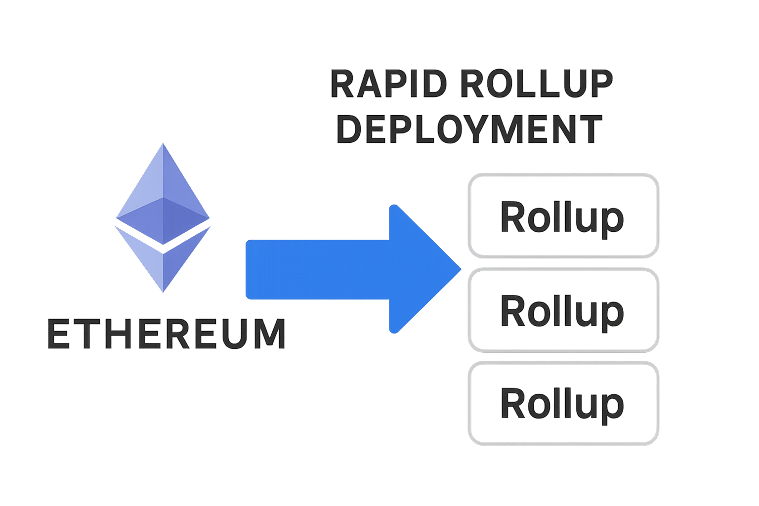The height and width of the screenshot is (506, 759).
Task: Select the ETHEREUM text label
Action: pyautogui.click(x=167, y=335)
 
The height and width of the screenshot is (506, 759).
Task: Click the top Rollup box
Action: pyautogui.click(x=563, y=215)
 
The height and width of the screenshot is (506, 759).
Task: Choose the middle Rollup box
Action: pyautogui.click(x=563, y=310)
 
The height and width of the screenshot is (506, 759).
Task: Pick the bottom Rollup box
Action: pyautogui.click(x=563, y=403)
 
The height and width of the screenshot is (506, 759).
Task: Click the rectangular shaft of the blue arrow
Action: pyautogui.click(x=316, y=269)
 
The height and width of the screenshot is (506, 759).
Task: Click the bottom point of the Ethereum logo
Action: pyautogui.click(x=163, y=291)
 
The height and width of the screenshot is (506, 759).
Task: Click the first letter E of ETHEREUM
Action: pyautogui.click(x=58, y=335)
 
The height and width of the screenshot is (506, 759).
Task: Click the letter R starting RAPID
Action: pyautogui.click(x=341, y=84)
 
